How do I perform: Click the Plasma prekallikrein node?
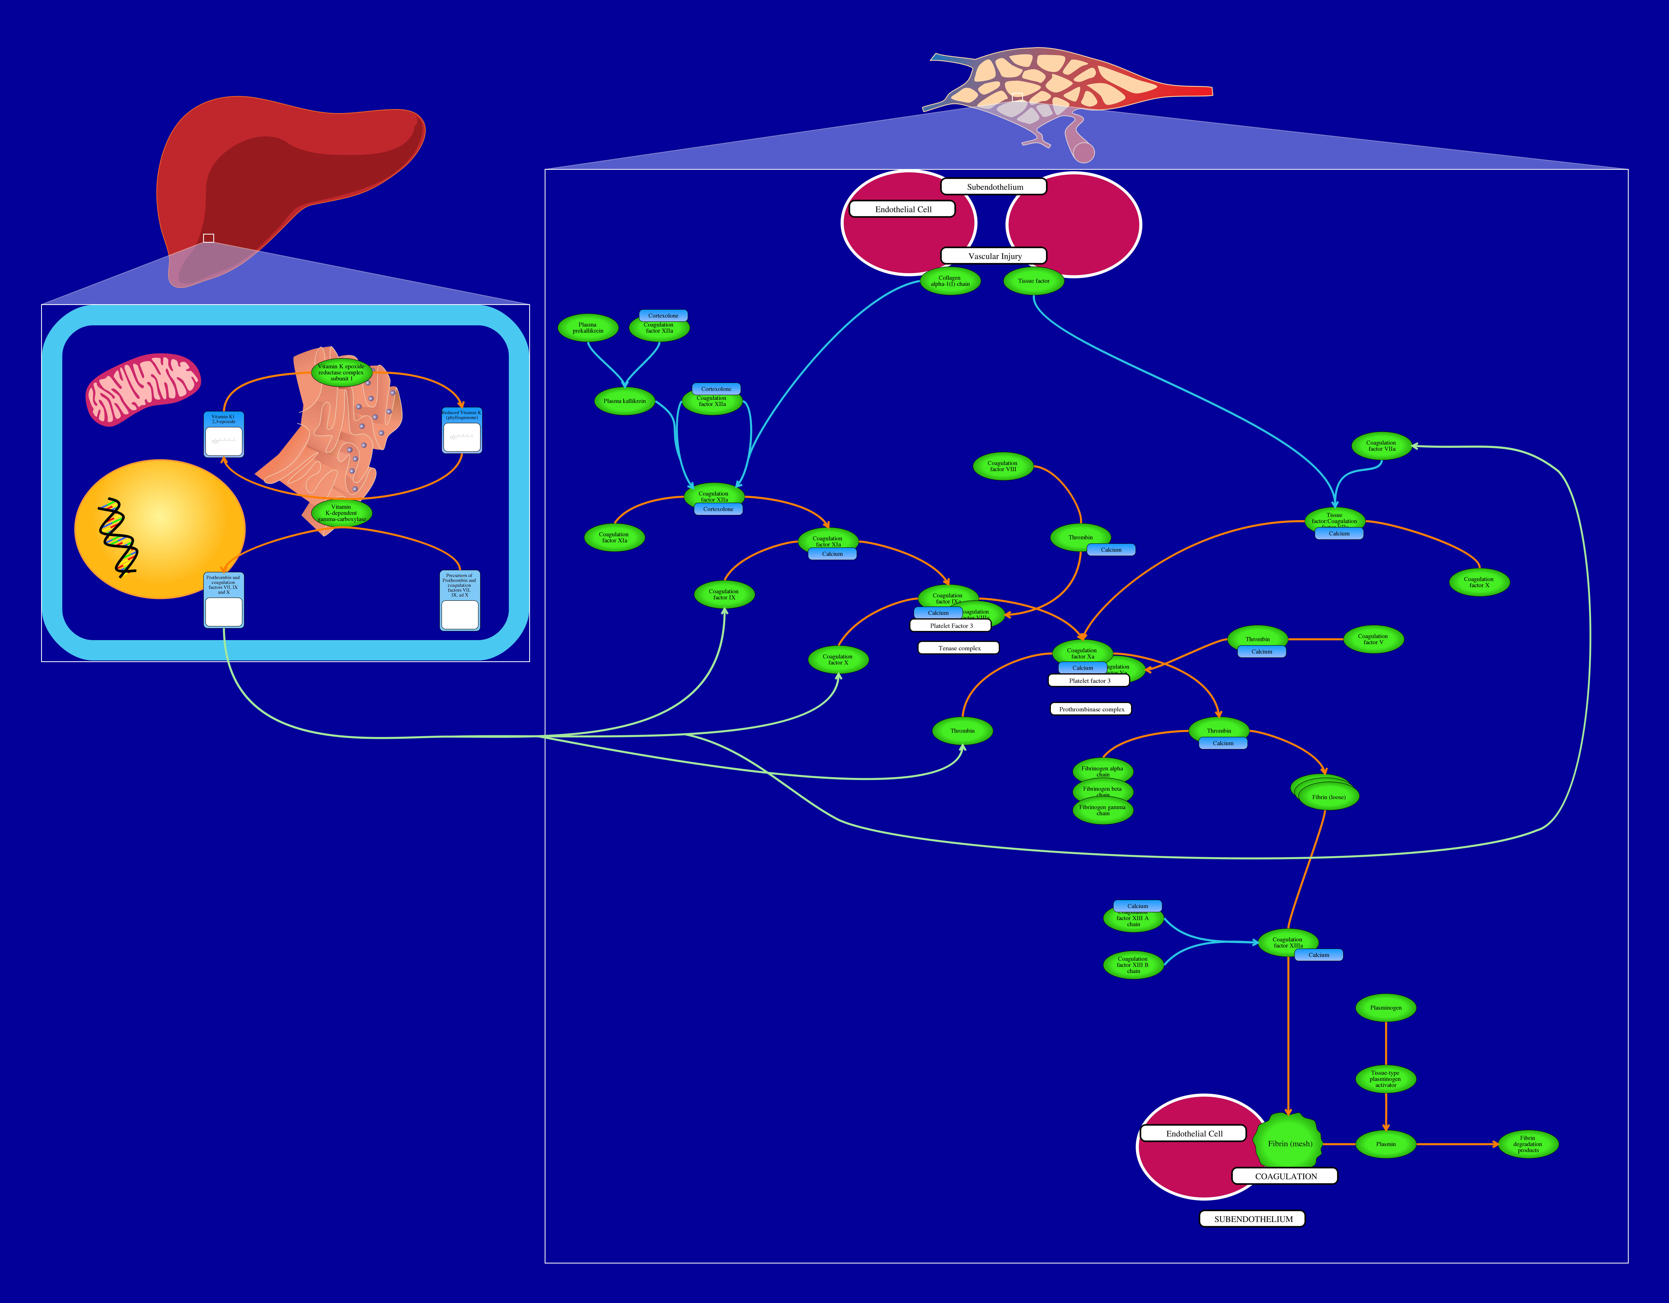click(588, 328)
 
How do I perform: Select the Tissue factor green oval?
click(1033, 281)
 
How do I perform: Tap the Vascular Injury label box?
click(993, 256)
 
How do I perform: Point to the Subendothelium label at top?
click(993, 186)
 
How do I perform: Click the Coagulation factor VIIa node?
click(1381, 445)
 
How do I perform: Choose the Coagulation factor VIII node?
click(1003, 466)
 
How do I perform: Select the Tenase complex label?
click(958, 648)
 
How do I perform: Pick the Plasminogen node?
click(1385, 1008)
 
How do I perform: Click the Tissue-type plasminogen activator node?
click(1385, 1079)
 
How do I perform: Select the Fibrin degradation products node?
click(1528, 1144)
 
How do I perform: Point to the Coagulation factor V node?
click(1373, 639)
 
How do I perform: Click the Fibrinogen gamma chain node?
click(1103, 810)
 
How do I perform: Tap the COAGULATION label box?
click(1285, 1176)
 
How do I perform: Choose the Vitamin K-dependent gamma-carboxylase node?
click(342, 513)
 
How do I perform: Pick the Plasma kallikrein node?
click(624, 401)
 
